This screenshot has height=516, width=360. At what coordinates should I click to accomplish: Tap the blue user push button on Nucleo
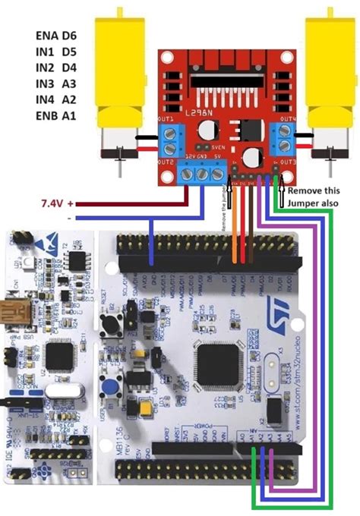point(111,388)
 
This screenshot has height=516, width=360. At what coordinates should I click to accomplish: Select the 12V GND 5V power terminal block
point(204,174)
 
